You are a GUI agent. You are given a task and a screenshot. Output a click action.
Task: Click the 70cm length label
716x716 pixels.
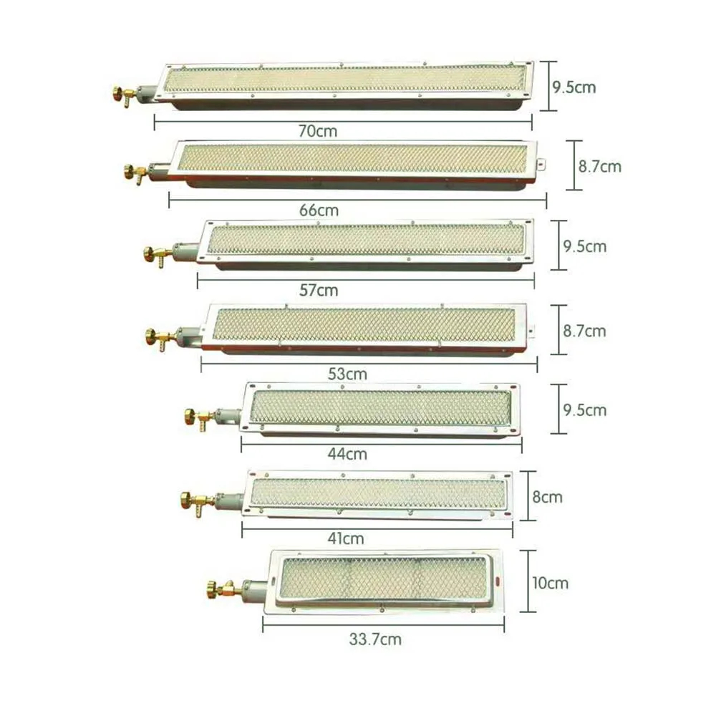(318, 131)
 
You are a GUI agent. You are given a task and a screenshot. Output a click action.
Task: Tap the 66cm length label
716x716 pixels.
(319, 211)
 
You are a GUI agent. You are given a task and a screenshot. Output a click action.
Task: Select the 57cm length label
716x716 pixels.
(319, 290)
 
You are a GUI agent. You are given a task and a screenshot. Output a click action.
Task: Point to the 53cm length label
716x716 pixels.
(347, 374)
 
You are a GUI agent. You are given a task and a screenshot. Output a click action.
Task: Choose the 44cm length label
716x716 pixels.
(347, 454)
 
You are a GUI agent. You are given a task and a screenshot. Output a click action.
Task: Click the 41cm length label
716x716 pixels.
(346, 538)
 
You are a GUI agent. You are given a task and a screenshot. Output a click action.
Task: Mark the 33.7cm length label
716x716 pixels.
(375, 639)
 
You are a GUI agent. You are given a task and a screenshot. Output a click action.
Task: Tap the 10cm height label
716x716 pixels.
(550, 583)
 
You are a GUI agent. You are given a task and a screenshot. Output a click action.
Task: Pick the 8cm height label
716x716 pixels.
(547, 497)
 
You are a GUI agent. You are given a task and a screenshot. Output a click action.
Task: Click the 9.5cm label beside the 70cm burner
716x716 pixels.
(574, 87)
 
